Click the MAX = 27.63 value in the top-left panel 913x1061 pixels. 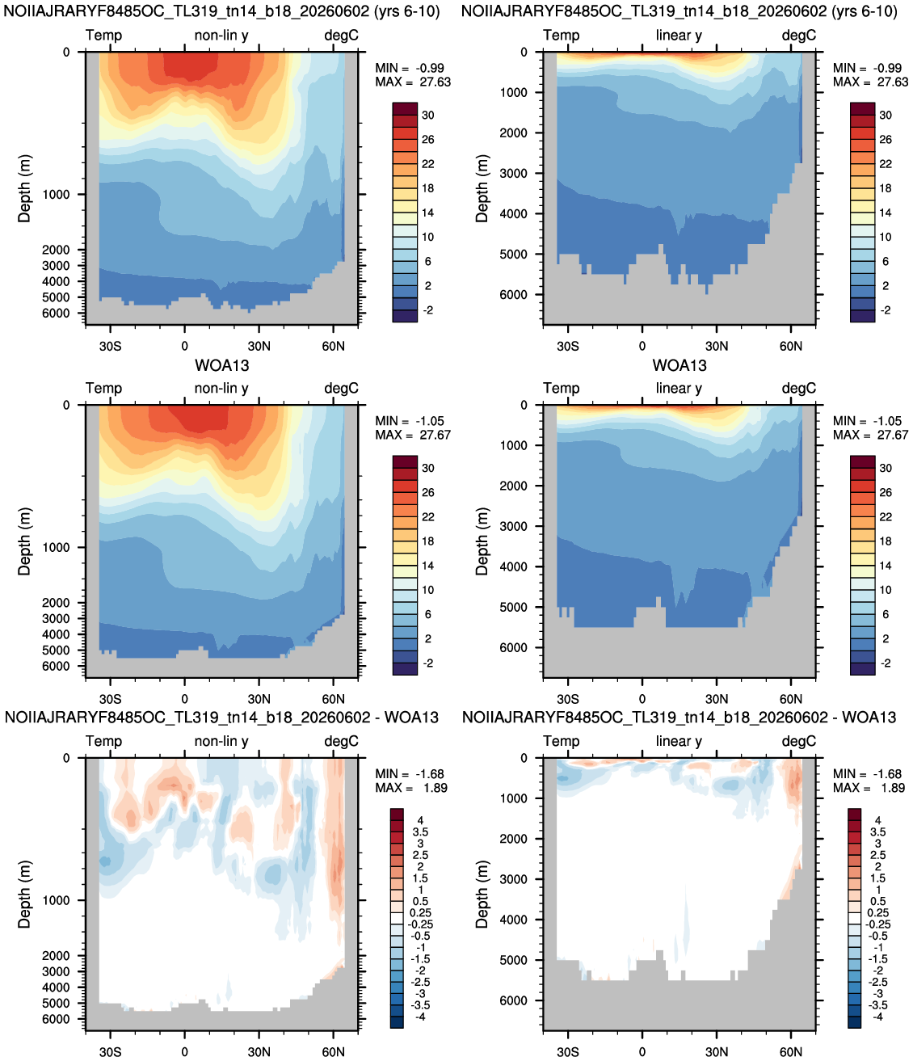(413, 82)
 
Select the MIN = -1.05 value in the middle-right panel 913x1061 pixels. (867, 421)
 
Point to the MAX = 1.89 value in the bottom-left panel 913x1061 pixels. (411, 788)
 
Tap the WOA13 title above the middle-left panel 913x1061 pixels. (221, 365)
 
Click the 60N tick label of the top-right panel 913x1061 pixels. (791, 347)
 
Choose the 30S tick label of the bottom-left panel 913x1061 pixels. (111, 1052)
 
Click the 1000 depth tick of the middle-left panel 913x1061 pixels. (56, 548)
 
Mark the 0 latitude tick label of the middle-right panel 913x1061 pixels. (642, 699)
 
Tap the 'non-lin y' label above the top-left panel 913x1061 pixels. (221, 36)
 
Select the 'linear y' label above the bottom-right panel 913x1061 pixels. (679, 741)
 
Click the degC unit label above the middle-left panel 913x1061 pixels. (341, 389)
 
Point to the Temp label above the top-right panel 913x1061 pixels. (562, 36)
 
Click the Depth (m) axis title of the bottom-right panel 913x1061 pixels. (482, 895)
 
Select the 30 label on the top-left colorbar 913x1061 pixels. (428, 116)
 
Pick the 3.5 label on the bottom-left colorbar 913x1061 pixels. (420, 832)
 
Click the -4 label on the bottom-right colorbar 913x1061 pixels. (877, 1017)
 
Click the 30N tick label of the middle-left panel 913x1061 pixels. (259, 699)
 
